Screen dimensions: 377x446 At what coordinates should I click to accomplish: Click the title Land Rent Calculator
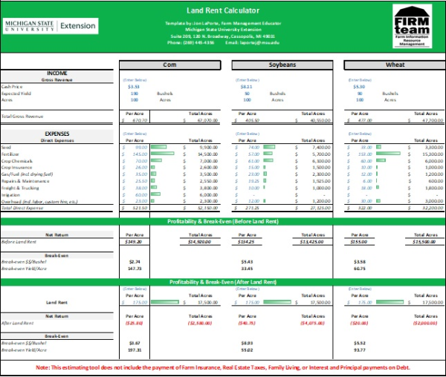222,12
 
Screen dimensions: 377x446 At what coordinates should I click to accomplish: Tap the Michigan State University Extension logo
51,25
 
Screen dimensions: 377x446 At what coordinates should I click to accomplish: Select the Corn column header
169,65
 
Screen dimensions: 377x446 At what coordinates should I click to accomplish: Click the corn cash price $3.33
134,86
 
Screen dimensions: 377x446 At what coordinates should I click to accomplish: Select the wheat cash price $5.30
358,86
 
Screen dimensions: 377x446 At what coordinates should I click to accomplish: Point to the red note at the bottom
222,367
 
